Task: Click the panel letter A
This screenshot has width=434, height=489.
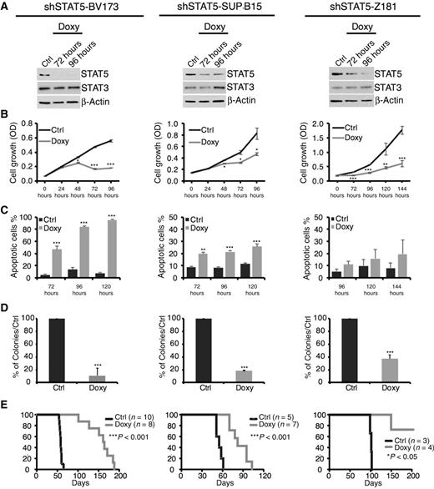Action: [x=5, y=7]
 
